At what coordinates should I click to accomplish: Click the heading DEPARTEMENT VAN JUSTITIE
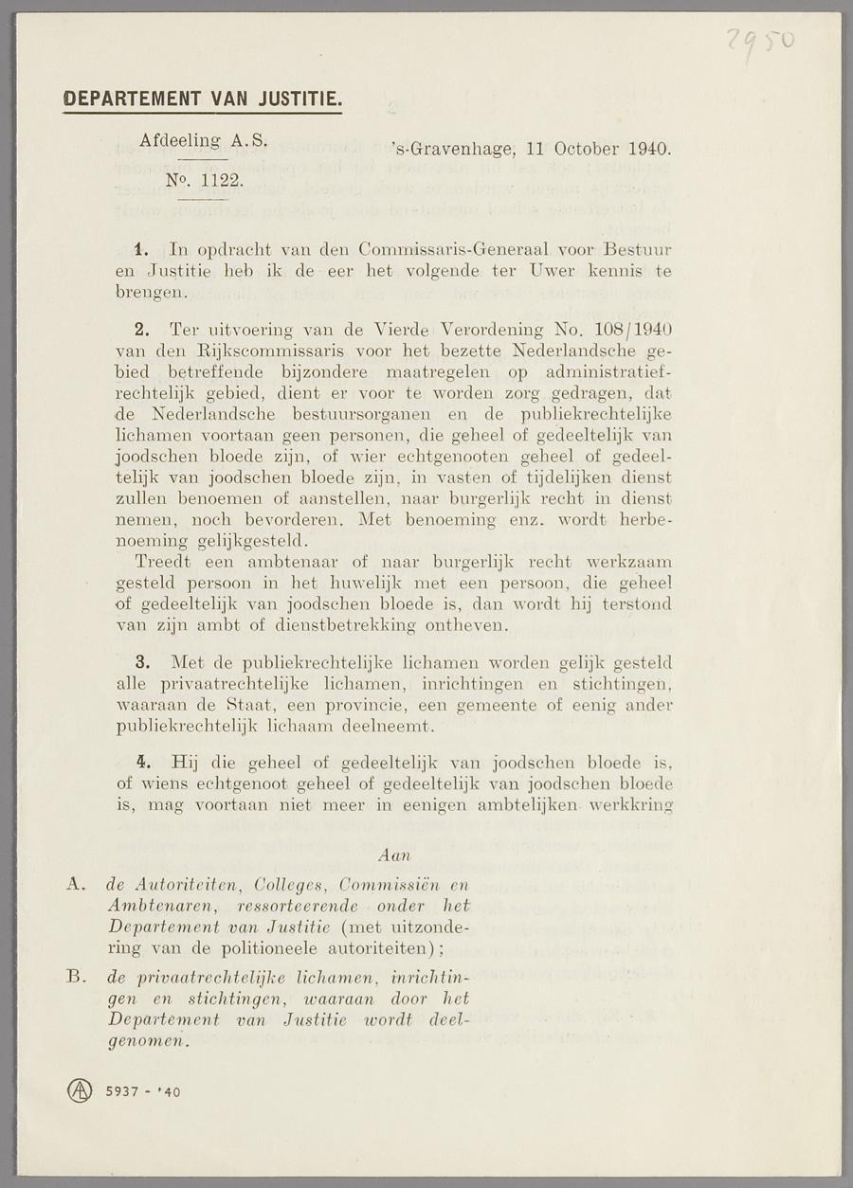pyautogui.click(x=202, y=99)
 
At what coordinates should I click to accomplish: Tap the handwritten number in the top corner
pyautogui.click(x=759, y=42)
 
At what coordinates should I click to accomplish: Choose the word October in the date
pyautogui.click(x=586, y=150)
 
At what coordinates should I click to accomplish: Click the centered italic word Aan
pyautogui.click(x=394, y=855)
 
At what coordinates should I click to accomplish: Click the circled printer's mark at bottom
pyautogui.click(x=80, y=1090)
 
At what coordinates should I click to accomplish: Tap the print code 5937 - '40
pyautogui.click(x=143, y=1091)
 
